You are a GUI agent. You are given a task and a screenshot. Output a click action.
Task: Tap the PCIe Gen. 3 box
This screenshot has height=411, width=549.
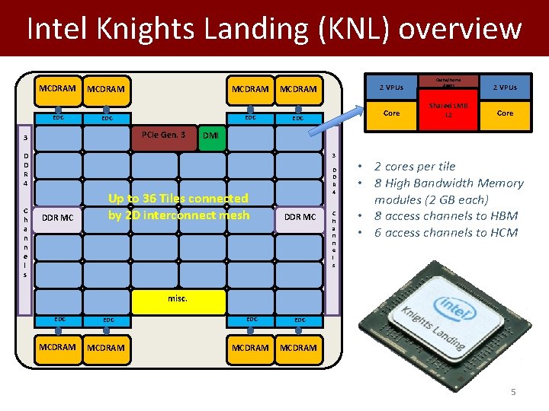[164, 135]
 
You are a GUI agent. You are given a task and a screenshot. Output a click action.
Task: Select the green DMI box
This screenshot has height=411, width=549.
[210, 135]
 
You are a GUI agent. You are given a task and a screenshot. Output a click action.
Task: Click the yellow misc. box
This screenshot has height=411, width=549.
[178, 299]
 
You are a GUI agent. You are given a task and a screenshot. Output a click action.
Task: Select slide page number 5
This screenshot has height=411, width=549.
[513, 392]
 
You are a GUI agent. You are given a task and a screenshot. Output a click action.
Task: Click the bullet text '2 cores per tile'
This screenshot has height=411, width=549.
[415, 166]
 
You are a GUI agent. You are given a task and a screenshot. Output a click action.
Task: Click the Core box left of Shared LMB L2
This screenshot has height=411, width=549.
[391, 113]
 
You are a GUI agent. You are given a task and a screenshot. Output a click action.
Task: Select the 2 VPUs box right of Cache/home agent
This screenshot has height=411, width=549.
[505, 87]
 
